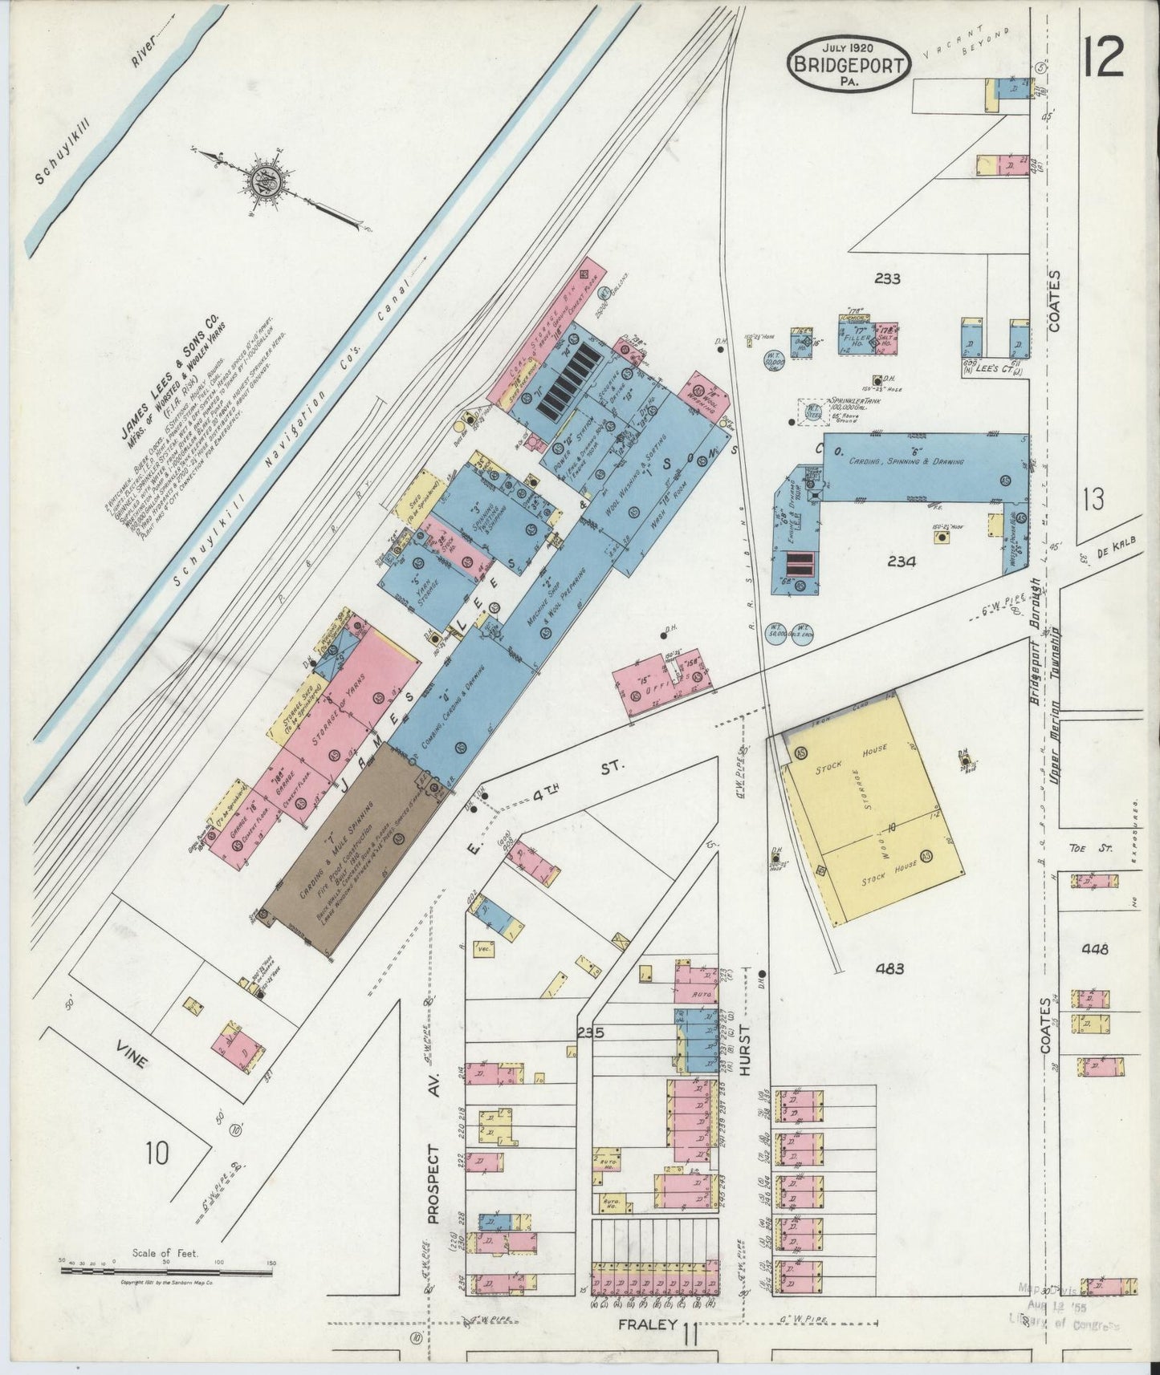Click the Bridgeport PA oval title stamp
click(849, 62)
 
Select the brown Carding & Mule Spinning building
click(353, 850)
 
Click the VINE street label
click(130, 1059)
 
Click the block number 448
click(1095, 949)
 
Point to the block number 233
click(887, 279)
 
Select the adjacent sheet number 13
click(1093, 500)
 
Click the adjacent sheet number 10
click(157, 1154)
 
